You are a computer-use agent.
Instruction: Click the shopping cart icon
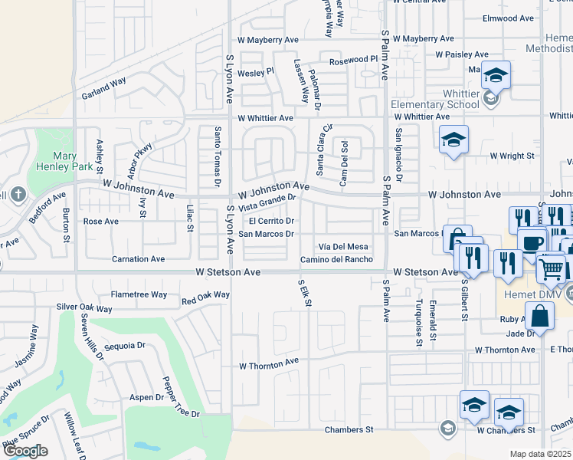tap(552, 268)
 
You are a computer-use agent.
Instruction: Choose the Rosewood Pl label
tap(354, 59)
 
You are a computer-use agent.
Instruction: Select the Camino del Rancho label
tap(336, 259)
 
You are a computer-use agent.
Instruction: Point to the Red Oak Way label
tap(205, 295)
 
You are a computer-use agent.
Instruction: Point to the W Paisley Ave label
tap(462, 54)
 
